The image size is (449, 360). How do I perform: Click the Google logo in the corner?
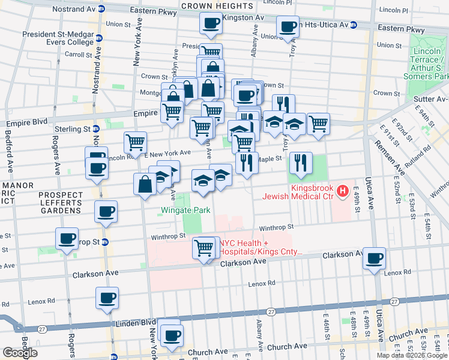[x=20, y=353]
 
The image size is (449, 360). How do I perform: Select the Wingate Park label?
[x=185, y=211]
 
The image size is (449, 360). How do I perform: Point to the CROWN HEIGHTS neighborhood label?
[x=208, y=6]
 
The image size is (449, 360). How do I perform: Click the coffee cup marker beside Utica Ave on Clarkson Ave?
[x=375, y=258]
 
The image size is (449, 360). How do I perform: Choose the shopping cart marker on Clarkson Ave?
[x=204, y=247]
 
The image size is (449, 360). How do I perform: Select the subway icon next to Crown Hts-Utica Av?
[x=354, y=25]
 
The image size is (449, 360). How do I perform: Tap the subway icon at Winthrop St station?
[x=105, y=242]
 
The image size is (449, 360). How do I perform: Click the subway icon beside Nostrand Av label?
[x=102, y=9]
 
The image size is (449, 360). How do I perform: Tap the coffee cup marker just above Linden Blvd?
[x=107, y=298]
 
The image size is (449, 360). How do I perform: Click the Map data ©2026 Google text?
[x=412, y=355]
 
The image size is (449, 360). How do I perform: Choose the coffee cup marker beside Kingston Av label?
[x=210, y=23]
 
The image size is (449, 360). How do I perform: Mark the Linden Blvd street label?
[x=124, y=322]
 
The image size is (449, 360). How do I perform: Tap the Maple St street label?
[x=270, y=159]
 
